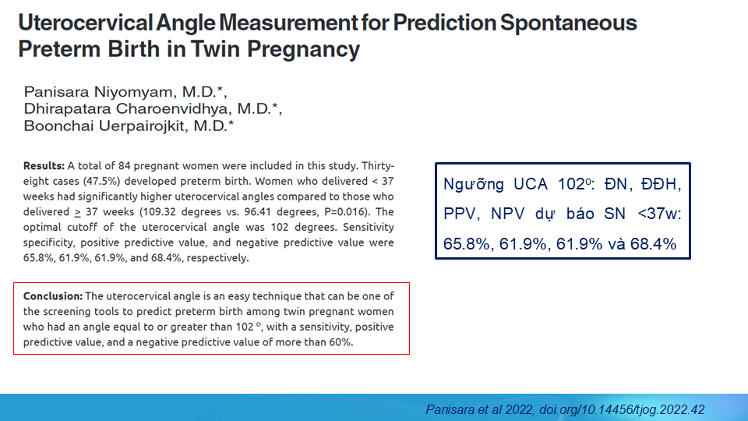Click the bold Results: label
click(44, 166)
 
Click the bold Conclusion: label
click(52, 296)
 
